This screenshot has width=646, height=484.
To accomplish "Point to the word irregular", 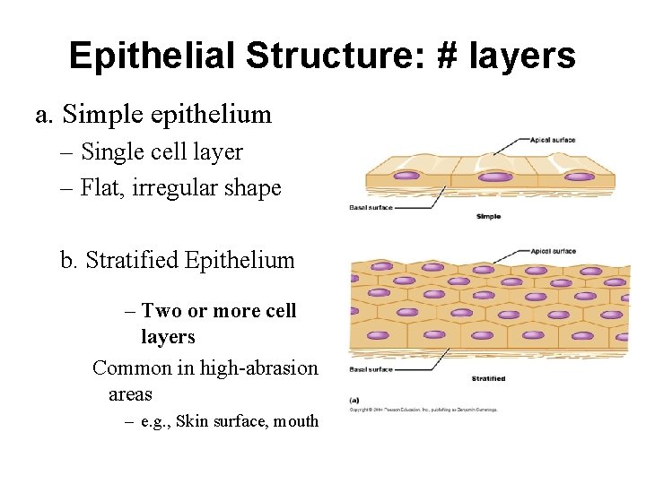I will click(x=178, y=188).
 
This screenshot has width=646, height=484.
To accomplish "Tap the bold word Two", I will click(x=162, y=311).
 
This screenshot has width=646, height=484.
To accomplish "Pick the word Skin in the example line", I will click(x=195, y=420).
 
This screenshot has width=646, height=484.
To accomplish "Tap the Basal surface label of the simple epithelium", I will click(x=371, y=208).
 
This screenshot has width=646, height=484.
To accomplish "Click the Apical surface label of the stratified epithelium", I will click(x=554, y=251).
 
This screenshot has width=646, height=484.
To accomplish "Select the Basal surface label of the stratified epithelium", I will click(x=371, y=369).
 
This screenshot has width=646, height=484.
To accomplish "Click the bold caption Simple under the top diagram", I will click(x=488, y=217).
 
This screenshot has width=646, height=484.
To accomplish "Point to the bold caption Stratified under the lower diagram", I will click(x=489, y=378).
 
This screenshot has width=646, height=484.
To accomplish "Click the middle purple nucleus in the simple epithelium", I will click(x=493, y=177).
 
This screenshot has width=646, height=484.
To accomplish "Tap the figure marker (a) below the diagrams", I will click(x=355, y=400).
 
